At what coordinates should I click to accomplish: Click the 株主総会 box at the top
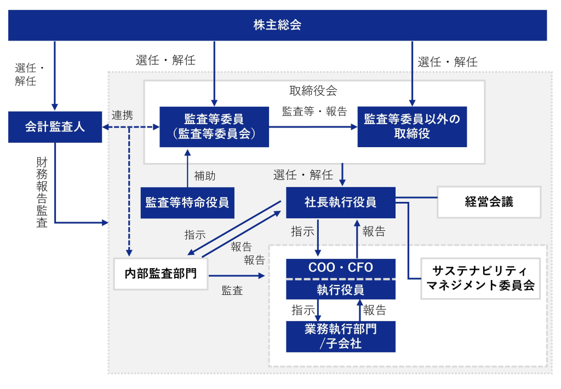(x=277, y=25)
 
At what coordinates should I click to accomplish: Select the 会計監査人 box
(x=55, y=127)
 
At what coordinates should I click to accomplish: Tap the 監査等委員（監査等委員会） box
(x=214, y=126)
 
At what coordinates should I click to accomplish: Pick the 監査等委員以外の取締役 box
(x=412, y=126)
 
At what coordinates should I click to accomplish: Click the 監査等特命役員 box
(x=187, y=202)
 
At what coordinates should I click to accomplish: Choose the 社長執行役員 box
(x=340, y=202)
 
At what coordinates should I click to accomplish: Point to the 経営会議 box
(x=489, y=202)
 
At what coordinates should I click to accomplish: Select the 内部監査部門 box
(x=161, y=272)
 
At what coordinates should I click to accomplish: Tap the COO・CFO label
(x=340, y=268)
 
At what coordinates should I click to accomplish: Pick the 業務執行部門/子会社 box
(x=340, y=336)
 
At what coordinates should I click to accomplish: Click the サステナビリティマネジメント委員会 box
(x=480, y=278)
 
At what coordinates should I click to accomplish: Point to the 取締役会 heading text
(x=313, y=90)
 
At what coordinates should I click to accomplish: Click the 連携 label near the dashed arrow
(x=122, y=115)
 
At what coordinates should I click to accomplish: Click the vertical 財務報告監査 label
(x=42, y=192)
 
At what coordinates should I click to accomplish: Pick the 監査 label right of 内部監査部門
(x=232, y=291)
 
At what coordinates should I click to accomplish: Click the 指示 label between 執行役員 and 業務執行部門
(x=303, y=310)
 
